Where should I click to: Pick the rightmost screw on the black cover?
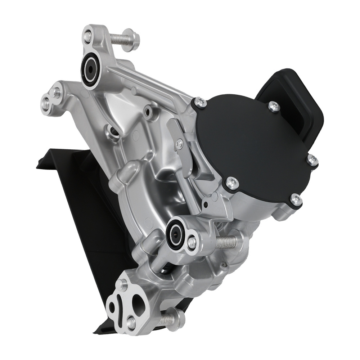[x=312, y=161]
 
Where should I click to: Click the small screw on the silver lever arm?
[x=179, y=144]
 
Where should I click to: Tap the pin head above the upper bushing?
[x=87, y=35]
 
